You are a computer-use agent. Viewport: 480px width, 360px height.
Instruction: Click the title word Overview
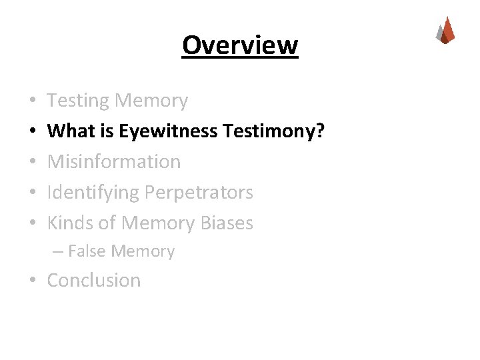point(240,46)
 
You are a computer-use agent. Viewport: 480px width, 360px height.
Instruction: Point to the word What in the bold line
point(67,131)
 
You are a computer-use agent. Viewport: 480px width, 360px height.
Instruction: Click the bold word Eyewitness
point(169,131)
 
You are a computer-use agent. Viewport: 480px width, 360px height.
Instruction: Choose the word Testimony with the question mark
point(274,131)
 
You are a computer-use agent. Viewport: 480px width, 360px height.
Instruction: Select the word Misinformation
point(114,162)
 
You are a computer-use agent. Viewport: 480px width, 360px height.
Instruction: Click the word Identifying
point(93,193)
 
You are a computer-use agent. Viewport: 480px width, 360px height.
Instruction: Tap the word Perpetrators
point(199,193)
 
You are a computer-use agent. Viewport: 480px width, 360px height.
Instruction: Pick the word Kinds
point(69,223)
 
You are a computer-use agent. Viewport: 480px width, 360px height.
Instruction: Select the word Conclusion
point(94,281)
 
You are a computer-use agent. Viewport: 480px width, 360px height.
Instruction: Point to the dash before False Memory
point(57,252)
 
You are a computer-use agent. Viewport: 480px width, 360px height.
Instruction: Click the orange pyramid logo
point(445,31)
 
